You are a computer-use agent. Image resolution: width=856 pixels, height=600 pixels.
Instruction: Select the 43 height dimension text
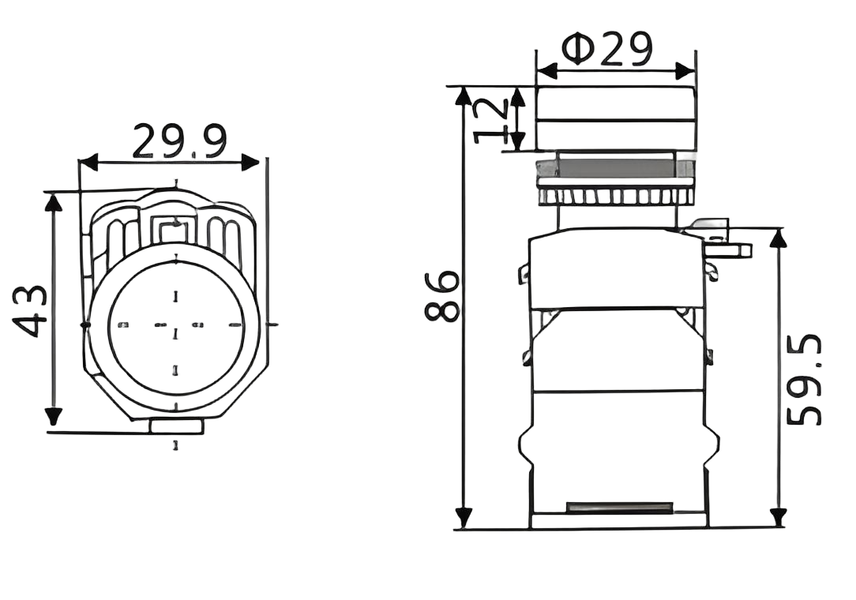[x=29, y=312]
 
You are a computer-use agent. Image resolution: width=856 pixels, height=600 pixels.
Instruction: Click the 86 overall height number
[x=441, y=296]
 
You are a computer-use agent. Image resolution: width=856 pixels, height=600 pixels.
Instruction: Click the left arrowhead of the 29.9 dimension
[x=86, y=163]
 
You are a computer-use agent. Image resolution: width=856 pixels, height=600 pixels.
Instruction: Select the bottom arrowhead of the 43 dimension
[x=54, y=416]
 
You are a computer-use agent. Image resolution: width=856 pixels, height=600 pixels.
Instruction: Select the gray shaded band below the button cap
[x=614, y=168]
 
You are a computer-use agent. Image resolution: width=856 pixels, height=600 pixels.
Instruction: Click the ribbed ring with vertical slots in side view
[x=614, y=196]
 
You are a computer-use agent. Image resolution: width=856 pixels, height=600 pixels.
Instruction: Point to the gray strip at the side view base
[x=619, y=506]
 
